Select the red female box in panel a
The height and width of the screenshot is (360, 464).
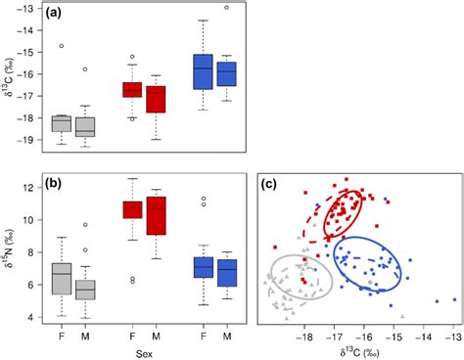click(132, 89)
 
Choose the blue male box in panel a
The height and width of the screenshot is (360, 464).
click(227, 74)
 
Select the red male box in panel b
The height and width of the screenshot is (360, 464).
click(157, 215)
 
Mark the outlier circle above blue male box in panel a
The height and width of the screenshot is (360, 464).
click(227, 7)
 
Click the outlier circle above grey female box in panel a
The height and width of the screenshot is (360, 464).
click(61, 46)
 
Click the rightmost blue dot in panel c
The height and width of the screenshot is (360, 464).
click(453, 299)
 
